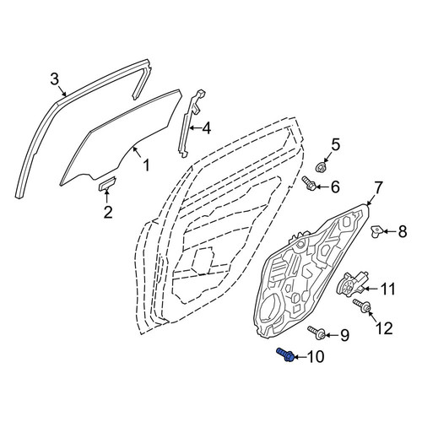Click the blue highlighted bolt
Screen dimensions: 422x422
(286, 354)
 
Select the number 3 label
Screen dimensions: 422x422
(55, 79)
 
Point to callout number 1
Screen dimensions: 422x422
(146, 165)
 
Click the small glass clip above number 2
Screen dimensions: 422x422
(107, 183)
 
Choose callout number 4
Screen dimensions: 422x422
(206, 128)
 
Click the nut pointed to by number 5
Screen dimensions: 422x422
(321, 167)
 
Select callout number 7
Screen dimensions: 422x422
(378, 188)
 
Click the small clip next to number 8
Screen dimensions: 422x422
(376, 231)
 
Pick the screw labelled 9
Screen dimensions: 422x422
(317, 333)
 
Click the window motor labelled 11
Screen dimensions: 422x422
(352, 285)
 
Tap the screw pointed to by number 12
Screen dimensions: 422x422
(362, 306)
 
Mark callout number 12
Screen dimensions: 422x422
(383, 328)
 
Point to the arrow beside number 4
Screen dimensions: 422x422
(195, 128)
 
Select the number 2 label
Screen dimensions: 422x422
(108, 212)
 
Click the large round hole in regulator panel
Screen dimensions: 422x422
(270, 309)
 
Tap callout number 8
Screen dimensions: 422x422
(403, 232)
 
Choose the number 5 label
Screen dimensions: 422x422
(335, 145)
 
